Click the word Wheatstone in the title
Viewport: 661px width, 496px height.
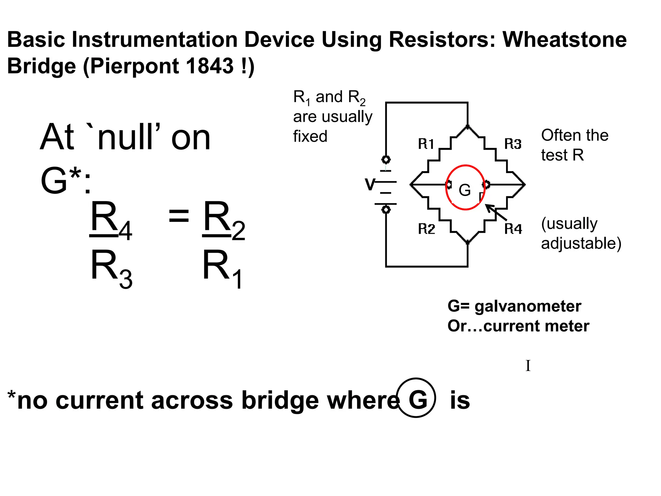click(564, 40)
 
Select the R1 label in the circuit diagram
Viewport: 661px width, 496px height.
click(426, 144)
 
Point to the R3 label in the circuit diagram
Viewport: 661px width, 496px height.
click(513, 144)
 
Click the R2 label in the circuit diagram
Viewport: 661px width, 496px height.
click(426, 229)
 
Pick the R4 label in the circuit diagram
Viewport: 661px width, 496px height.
click(513, 229)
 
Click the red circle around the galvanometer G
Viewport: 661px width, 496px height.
click(447, 187)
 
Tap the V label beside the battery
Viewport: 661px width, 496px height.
click(370, 185)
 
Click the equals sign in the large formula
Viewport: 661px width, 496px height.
click(178, 216)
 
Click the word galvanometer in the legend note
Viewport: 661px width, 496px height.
click(528, 306)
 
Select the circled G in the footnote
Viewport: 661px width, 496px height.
click(416, 398)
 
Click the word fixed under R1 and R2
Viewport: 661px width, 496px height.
click(310, 136)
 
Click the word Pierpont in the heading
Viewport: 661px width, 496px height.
click(134, 66)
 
